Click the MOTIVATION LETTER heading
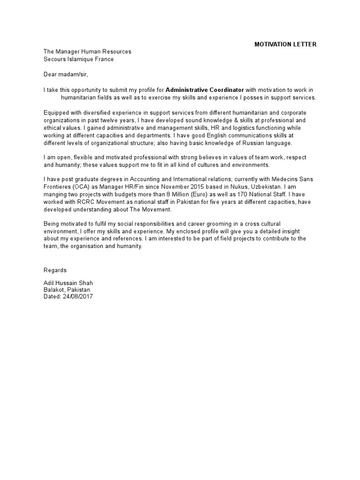(x=285, y=45)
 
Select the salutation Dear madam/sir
(x=66, y=75)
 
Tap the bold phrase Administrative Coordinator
(x=205, y=90)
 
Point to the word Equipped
(x=56, y=112)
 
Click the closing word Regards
(x=55, y=270)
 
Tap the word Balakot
(x=54, y=290)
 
